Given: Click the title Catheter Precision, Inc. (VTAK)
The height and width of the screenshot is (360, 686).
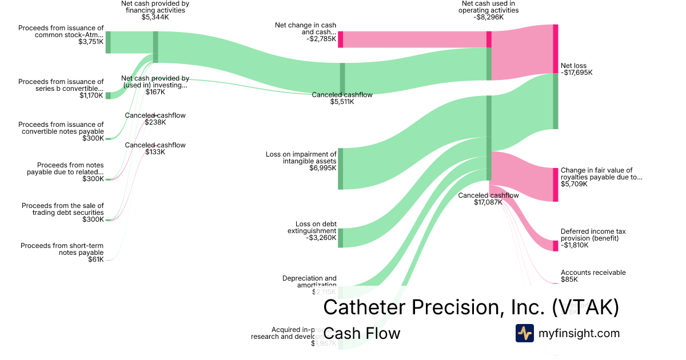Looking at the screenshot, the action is click(470, 307).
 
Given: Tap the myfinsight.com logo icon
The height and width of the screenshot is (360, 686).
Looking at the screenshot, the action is click(524, 333).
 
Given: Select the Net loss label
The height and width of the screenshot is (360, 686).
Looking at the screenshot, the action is click(573, 66).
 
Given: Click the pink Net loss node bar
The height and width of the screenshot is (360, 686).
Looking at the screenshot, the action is click(555, 49).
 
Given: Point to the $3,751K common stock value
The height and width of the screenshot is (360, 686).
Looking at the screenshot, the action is click(91, 42).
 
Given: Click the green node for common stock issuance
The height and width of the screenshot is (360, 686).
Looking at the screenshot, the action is click(108, 42).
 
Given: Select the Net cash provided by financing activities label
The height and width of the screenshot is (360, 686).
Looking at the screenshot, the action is click(155, 10).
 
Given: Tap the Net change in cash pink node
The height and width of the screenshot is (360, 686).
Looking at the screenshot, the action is click(340, 39).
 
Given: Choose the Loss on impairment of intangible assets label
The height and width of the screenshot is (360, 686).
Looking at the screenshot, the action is click(301, 158).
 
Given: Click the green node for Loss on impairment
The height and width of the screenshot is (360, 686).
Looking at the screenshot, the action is click(340, 169).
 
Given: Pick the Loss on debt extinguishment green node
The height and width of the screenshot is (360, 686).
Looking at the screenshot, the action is click(340, 238).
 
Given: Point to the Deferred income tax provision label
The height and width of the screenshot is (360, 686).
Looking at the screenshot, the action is click(593, 235).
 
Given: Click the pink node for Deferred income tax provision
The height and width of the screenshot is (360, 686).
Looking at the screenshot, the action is click(555, 246).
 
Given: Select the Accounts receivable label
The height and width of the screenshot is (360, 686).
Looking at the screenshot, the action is click(593, 273).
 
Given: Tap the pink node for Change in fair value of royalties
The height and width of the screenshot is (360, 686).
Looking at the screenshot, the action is click(555, 185).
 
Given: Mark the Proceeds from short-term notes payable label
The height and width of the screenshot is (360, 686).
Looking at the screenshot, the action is click(62, 249).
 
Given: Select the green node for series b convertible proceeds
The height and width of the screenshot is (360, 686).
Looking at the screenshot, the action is click(108, 95).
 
